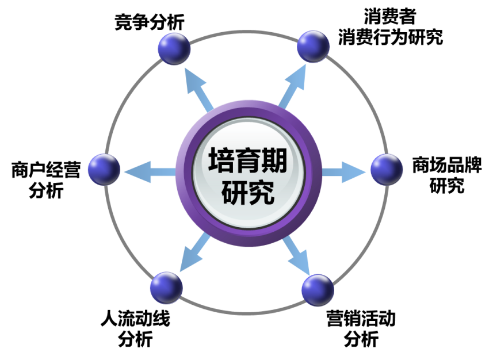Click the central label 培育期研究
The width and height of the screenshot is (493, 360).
click(x=248, y=176)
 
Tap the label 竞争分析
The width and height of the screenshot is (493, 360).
click(x=150, y=22)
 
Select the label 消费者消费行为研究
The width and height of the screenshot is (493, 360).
click(x=390, y=26)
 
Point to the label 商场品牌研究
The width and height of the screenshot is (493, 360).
click(x=447, y=175)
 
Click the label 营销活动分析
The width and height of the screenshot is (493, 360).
click(x=361, y=328)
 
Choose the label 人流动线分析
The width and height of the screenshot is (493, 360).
click(x=136, y=328)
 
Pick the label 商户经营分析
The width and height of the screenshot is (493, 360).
click(x=46, y=180)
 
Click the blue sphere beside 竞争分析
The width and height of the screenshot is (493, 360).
click(x=174, y=49)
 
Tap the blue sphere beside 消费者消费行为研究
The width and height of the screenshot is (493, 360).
click(x=313, y=46)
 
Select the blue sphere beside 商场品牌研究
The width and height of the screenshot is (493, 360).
click(x=387, y=170)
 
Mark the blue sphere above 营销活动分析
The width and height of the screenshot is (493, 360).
click(x=318, y=290)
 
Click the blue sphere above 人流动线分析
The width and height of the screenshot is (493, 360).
click(x=166, y=288)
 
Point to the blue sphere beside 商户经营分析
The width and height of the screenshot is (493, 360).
click(x=104, y=170)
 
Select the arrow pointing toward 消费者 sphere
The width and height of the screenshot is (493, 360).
click(x=292, y=86)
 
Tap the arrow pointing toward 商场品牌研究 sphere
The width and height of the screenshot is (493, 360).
click(x=343, y=172)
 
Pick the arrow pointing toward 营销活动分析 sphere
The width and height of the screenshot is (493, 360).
click(x=296, y=255)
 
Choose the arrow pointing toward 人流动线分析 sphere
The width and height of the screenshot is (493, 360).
click(x=195, y=252)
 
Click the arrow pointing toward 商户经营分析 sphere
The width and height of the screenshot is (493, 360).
click(x=150, y=172)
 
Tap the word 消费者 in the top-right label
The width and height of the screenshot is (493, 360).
click(x=390, y=16)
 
